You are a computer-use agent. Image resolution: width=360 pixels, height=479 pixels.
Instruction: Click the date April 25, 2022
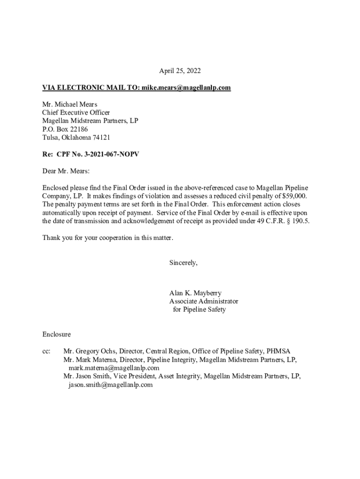point(180,71)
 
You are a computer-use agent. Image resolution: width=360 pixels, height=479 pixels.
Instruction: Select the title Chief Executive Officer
point(76,113)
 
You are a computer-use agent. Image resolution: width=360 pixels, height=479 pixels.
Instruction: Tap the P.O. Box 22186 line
point(65,130)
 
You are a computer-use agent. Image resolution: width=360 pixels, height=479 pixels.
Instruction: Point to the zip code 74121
point(101,138)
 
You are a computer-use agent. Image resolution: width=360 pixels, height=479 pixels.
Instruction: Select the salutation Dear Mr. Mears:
point(65,171)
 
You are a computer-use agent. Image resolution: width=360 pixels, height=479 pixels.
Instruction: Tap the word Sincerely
point(183,263)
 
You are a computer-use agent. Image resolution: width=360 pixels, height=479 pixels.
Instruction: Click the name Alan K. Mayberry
point(195,293)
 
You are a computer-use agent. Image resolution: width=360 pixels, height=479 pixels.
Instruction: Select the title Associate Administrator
point(203,302)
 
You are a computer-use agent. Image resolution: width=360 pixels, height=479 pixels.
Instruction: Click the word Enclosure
point(57,334)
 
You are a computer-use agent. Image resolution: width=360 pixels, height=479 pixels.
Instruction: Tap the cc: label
point(46,351)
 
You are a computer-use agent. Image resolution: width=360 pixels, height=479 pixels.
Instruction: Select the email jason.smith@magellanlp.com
point(111,385)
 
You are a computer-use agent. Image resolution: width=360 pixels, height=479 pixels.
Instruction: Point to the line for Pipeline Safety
point(199,310)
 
